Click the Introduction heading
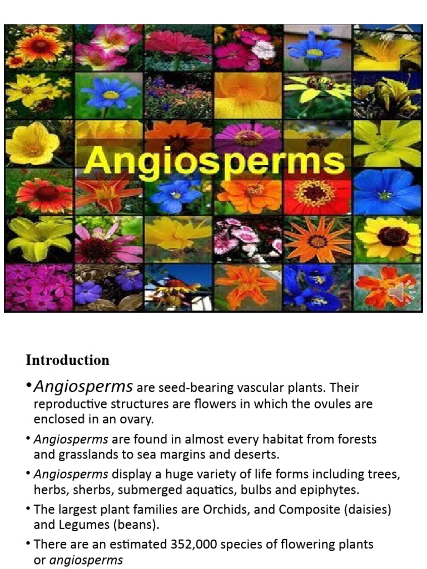[x=67, y=360]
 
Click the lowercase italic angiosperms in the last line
[x=86, y=560]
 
